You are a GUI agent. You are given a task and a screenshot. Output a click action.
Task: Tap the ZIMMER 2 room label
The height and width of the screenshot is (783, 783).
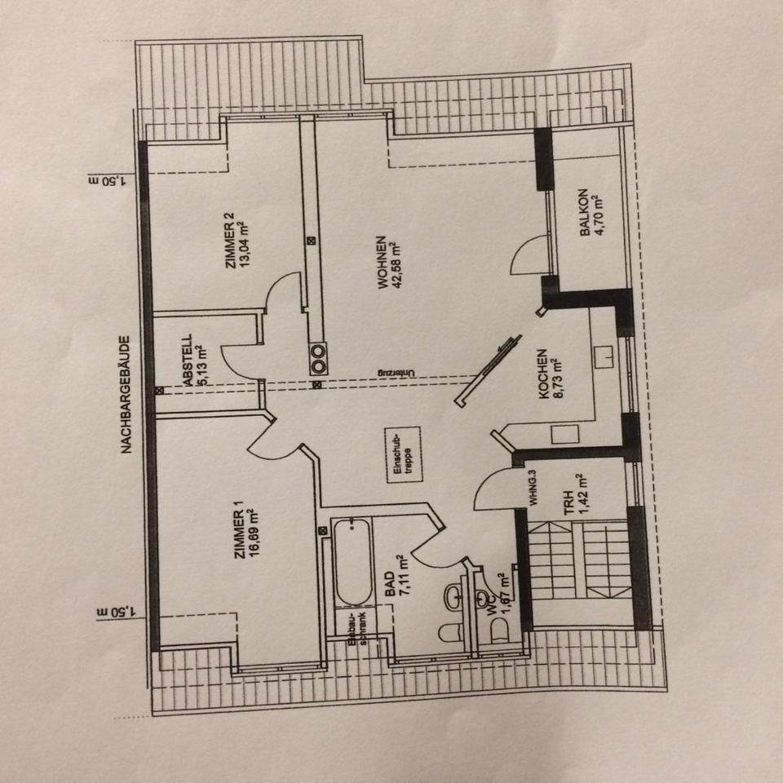231,241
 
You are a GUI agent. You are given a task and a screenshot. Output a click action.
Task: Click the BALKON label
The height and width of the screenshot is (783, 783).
584,215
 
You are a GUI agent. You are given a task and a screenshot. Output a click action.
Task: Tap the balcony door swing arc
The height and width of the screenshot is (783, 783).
526,251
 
